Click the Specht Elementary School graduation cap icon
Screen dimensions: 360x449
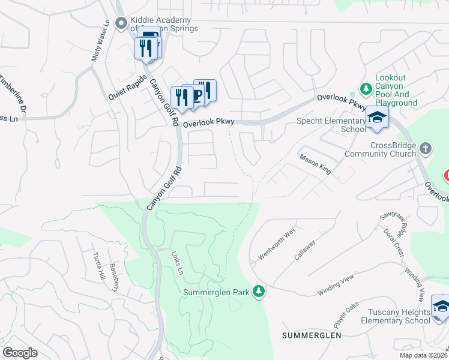377,117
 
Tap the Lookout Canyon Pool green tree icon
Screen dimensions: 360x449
365,89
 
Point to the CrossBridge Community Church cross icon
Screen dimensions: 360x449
425,148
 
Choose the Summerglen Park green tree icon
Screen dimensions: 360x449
259,292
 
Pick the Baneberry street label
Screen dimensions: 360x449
114,277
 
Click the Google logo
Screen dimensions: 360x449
20,353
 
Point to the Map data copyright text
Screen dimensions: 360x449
423,355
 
